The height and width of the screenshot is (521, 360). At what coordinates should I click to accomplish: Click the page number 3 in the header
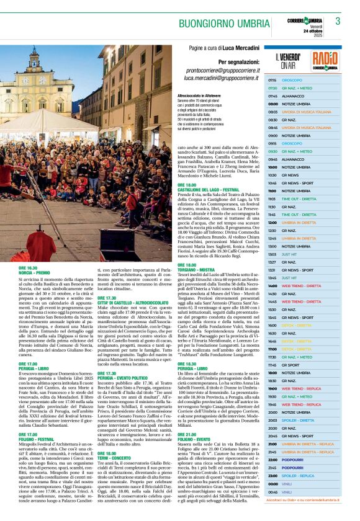(x=338, y=21)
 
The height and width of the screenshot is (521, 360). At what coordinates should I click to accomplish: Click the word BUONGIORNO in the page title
(x=206, y=24)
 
